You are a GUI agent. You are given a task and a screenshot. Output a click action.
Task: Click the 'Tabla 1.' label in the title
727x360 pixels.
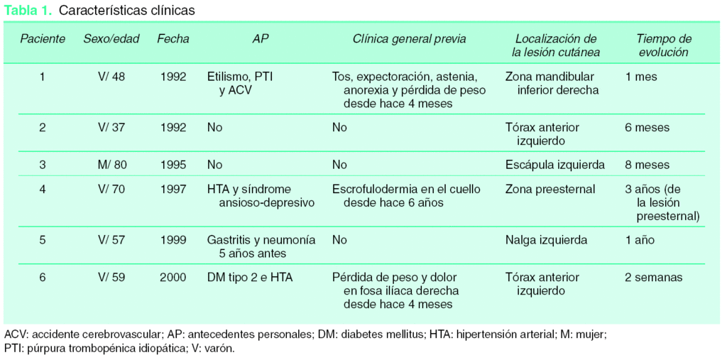pyautogui.click(x=28, y=11)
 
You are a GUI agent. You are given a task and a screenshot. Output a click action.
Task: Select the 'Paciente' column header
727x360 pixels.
pyautogui.click(x=43, y=39)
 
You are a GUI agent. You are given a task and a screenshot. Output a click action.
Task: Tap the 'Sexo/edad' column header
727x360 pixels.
pyautogui.click(x=111, y=39)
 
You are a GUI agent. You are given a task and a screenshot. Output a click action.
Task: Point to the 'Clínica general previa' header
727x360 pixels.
pyautogui.click(x=410, y=39)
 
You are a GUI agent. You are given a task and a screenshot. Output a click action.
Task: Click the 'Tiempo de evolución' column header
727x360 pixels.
pyautogui.click(x=662, y=45)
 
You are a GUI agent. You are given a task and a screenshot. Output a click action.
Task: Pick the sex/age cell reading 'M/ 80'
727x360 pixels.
pyautogui.click(x=111, y=165)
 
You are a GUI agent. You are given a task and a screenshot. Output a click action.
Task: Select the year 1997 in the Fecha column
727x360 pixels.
pyautogui.click(x=173, y=190)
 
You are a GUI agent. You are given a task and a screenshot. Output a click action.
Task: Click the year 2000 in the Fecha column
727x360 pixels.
pyautogui.click(x=173, y=278)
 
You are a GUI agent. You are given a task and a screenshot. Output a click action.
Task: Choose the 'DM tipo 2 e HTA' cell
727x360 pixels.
pyautogui.click(x=250, y=278)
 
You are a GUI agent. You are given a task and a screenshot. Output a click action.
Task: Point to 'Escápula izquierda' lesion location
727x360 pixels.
pyautogui.click(x=555, y=165)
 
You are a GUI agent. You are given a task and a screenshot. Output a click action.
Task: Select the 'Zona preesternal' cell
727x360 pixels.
pyautogui.click(x=550, y=190)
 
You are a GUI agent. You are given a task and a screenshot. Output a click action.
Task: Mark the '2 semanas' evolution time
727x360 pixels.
pyautogui.click(x=653, y=278)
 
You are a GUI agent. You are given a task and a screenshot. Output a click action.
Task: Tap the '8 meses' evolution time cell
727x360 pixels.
pyautogui.click(x=647, y=165)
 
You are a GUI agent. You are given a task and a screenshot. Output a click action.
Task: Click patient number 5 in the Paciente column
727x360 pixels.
pyautogui.click(x=43, y=240)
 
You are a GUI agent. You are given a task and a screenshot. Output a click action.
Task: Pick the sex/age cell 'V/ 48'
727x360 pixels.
pyautogui.click(x=111, y=77)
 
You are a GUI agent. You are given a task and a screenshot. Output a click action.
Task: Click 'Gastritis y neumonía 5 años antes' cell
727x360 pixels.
pyautogui.click(x=261, y=246)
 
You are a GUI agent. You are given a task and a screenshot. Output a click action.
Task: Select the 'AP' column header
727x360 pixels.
pyautogui.click(x=261, y=39)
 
